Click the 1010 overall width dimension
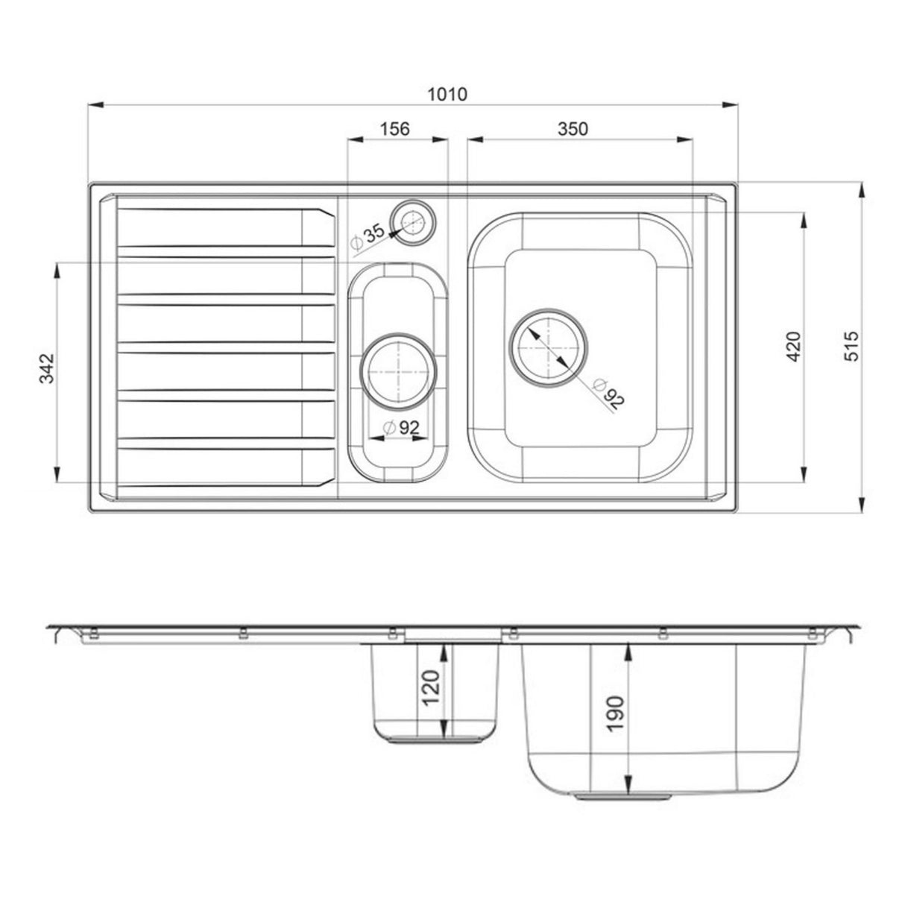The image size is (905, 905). (447, 95)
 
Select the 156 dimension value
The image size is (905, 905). (395, 129)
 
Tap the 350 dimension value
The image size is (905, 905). (573, 129)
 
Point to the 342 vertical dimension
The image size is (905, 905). (45, 369)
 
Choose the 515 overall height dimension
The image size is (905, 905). (852, 346)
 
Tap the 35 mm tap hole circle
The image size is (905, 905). (412, 221)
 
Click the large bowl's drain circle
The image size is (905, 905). (548, 347)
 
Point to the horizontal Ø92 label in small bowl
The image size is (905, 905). (402, 428)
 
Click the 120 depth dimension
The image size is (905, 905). (432, 690)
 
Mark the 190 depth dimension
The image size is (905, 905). (616, 714)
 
